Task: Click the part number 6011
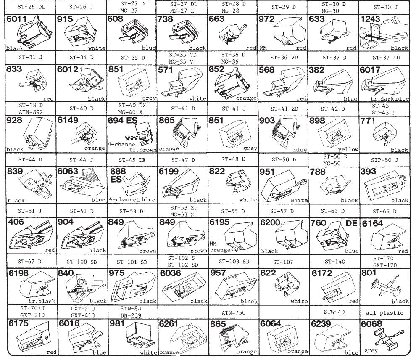[x=16, y=19]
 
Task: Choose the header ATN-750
[x=234, y=313]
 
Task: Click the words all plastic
[x=384, y=313]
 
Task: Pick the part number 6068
[x=371, y=324]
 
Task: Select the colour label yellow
[x=348, y=150]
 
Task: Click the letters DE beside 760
[x=351, y=223]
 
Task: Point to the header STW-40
[x=334, y=312]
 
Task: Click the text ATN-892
[x=31, y=112]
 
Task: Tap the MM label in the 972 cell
[x=263, y=48]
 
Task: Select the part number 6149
[x=68, y=120]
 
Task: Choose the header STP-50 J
[x=384, y=160]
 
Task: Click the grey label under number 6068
[x=371, y=351]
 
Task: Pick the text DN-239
[x=131, y=315]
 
